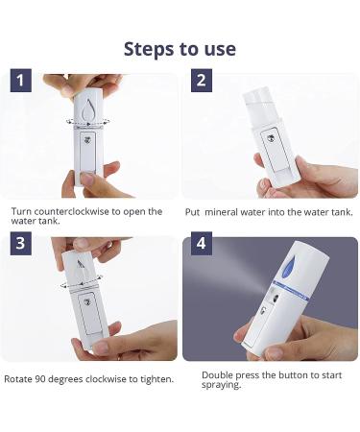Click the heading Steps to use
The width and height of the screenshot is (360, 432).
coord(180,48)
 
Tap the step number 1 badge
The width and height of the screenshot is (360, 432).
coord(23,81)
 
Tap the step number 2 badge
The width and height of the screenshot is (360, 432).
coord(201,81)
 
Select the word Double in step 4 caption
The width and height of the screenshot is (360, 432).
coord(218,374)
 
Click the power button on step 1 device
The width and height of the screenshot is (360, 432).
coord(88,139)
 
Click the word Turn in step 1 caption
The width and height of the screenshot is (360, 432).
coord(21,211)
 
